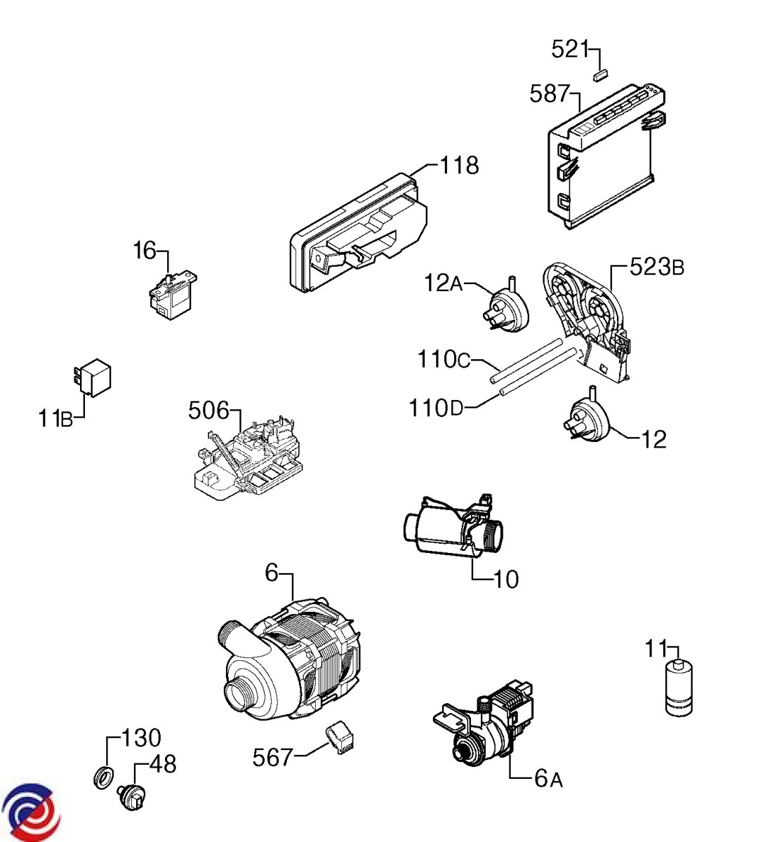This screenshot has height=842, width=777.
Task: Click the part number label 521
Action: coord(569,50)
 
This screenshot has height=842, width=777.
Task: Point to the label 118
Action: coord(459,166)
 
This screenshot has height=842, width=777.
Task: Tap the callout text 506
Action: coord(208,410)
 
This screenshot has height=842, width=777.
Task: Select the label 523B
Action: coord(656,267)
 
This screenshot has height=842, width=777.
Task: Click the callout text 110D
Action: coord(437,407)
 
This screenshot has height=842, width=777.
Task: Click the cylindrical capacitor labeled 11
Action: coord(679,689)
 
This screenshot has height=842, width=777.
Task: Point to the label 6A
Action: coord(548,779)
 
